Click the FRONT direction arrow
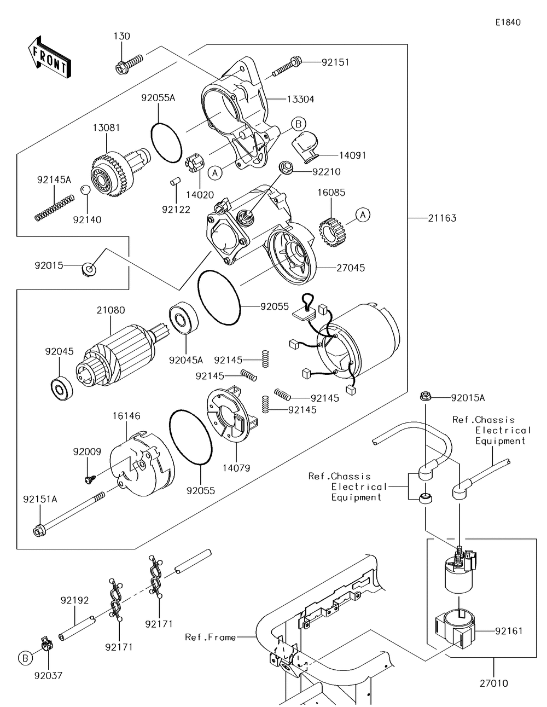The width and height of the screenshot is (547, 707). pos(49,57)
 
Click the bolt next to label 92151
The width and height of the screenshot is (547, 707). pos(288,65)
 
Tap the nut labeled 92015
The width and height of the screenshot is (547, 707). pos(89,268)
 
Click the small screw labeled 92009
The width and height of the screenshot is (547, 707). pos(89,479)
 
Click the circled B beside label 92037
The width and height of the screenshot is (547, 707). pos(25,658)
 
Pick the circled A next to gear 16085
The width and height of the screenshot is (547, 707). pos(363,215)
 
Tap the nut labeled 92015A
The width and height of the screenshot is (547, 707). pos(426,397)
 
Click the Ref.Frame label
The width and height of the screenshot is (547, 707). pos(210,637)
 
